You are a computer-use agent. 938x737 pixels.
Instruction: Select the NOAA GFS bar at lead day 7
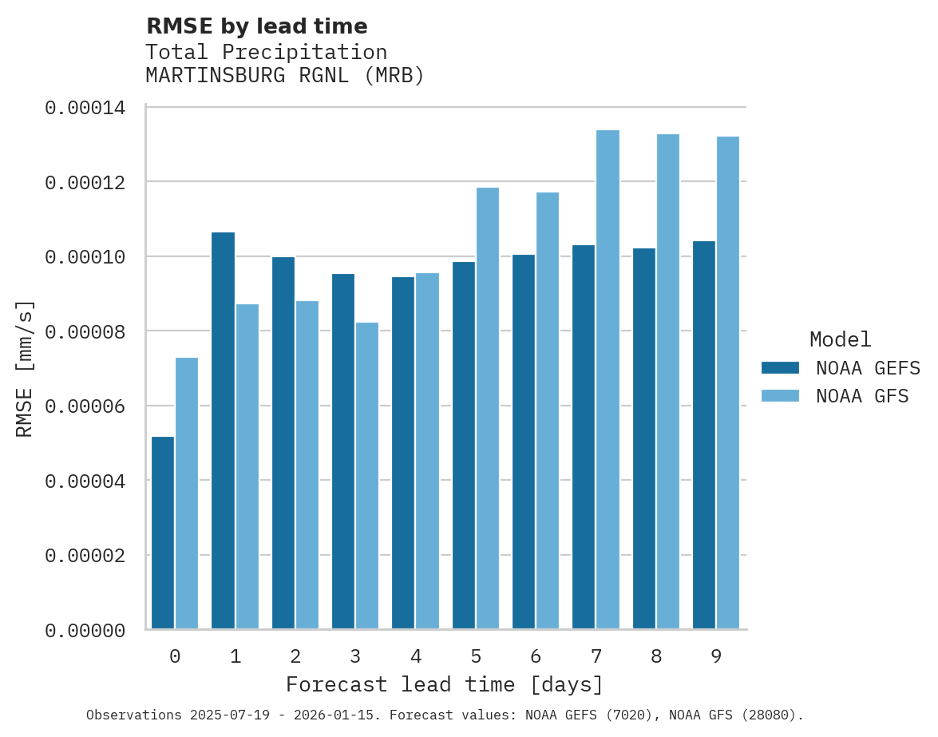coord(608,379)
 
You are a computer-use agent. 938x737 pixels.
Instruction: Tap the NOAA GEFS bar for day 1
coord(224,430)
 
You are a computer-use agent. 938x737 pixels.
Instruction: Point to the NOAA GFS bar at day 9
coord(728,382)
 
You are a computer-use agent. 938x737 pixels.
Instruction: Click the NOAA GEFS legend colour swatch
coord(780,368)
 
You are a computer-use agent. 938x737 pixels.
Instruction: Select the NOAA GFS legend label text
coord(862,396)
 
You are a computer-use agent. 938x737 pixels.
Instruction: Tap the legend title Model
coord(840,339)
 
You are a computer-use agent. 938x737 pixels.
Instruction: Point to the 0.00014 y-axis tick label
coord(85,107)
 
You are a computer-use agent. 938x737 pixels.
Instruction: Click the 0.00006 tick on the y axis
coord(85,406)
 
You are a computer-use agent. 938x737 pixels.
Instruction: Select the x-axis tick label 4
coord(416,657)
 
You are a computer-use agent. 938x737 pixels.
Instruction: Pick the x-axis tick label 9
coord(716,657)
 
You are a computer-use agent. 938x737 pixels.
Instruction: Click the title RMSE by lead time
coord(256,26)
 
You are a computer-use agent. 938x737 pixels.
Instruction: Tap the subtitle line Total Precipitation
coord(266,53)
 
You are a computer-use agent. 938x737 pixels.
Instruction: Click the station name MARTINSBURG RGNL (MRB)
coord(285,76)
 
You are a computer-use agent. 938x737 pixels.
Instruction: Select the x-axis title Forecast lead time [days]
coord(445,685)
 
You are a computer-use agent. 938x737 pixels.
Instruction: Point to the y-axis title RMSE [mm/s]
coord(26,369)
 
